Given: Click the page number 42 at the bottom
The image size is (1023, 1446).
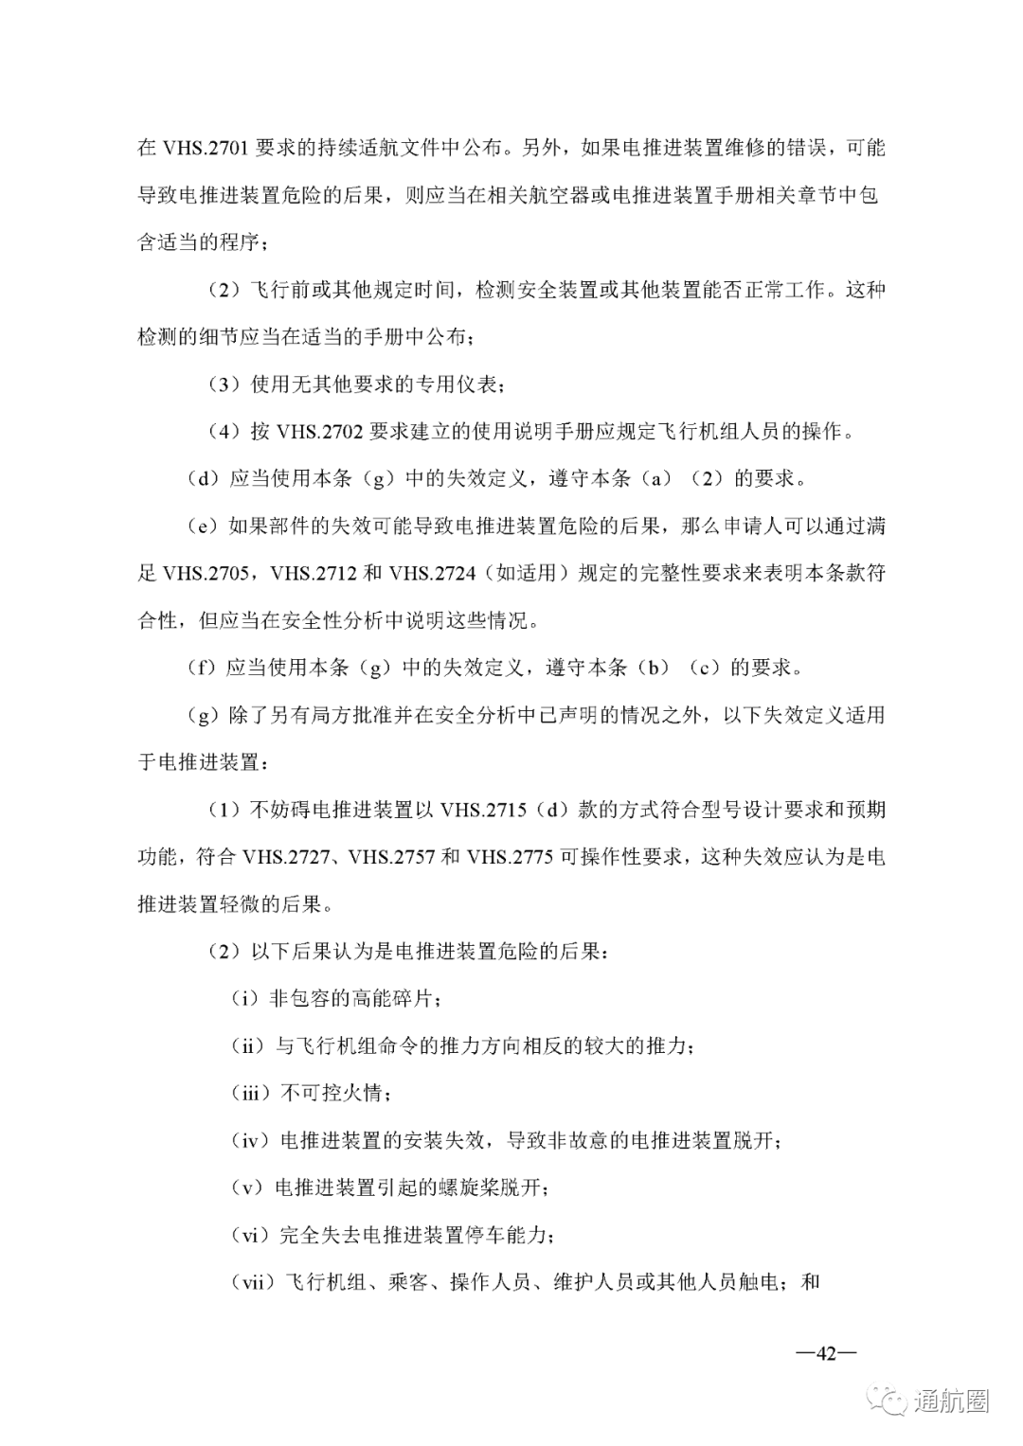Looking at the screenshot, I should point(825,1353).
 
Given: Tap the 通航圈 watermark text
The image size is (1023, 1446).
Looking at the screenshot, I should point(951,1401).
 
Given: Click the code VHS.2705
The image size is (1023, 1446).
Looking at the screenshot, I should point(206,573).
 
